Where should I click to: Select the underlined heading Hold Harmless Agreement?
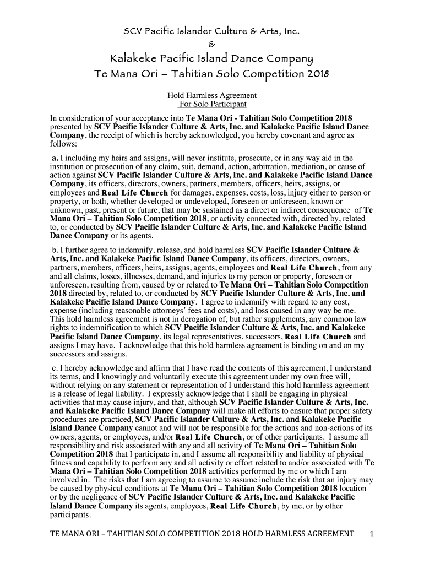click(211, 95)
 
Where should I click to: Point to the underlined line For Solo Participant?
click(213, 104)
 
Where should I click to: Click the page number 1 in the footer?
click(372, 534)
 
